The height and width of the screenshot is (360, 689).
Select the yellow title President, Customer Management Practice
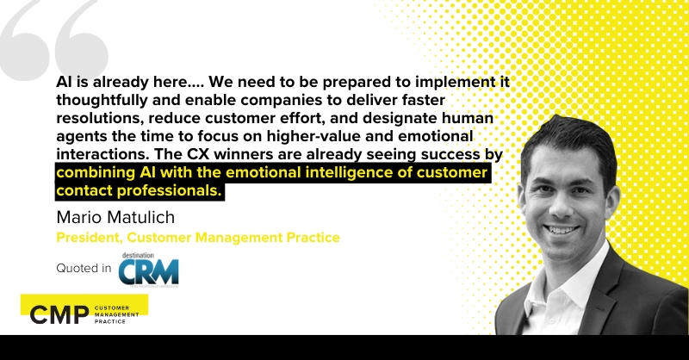[198, 237]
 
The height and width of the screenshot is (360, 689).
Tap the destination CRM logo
[148, 270]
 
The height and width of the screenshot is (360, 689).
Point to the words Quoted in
[84, 270]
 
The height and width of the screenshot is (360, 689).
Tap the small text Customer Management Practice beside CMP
[121, 314]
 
